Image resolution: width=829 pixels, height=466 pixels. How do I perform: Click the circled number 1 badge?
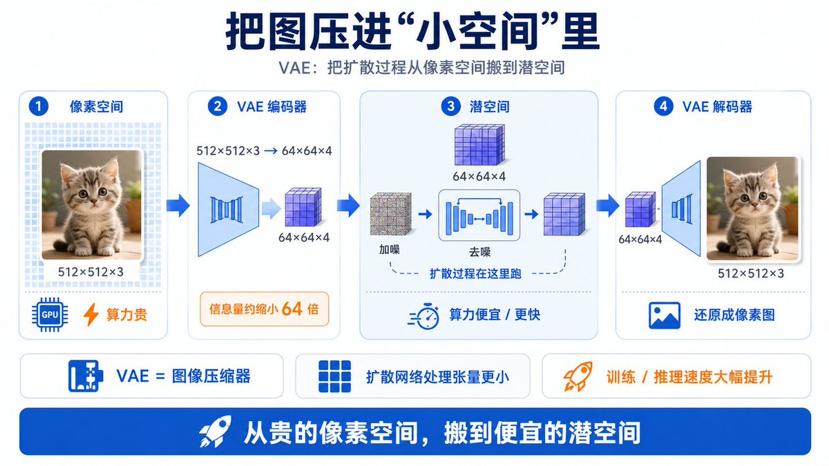[39, 106]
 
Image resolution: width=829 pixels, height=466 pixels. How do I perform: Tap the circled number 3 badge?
[450, 106]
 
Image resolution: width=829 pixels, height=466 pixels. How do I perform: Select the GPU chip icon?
[50, 315]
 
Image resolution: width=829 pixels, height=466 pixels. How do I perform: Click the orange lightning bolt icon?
[90, 314]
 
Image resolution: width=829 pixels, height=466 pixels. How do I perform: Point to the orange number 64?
[292, 309]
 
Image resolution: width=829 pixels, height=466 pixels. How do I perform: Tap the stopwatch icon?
[424, 315]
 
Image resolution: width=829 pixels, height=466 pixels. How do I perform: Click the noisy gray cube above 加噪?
[391, 213]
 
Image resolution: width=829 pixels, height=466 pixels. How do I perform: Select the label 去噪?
[479, 252]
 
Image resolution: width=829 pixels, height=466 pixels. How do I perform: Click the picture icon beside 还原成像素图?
[665, 315]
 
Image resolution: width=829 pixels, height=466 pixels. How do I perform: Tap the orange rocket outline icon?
[578, 376]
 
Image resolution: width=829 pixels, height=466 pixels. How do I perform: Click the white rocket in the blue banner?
[216, 431]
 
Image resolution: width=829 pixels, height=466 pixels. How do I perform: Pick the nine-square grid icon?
[334, 376]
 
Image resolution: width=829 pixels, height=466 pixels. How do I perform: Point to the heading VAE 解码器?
[717, 106]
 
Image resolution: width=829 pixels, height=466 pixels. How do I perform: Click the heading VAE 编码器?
[271, 106]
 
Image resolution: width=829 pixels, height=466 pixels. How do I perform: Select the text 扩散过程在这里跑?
[475, 273]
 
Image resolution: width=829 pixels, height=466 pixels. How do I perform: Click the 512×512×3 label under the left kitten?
[90, 272]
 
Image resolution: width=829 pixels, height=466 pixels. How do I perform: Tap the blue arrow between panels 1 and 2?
[178, 205]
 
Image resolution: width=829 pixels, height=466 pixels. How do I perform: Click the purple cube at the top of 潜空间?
[479, 144]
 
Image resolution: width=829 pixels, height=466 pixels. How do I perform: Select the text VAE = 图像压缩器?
[184, 376]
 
